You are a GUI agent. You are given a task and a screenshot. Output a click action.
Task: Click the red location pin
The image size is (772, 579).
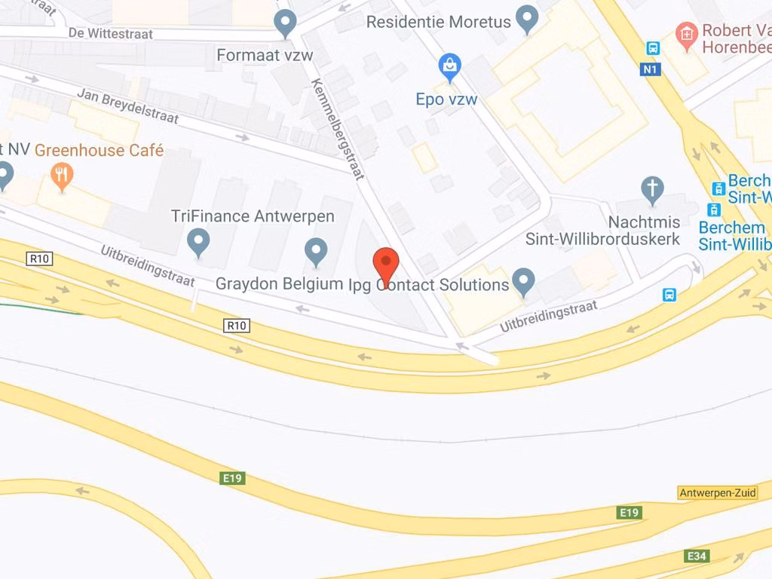click(386, 264)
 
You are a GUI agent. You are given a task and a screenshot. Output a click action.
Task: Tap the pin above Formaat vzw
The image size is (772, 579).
click(284, 23)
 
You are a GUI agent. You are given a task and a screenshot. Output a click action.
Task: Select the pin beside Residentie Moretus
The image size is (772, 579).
click(526, 18)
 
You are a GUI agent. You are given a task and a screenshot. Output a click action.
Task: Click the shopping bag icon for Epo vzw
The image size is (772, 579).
click(450, 68)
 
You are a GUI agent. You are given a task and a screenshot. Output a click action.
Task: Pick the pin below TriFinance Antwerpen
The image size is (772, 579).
click(198, 243)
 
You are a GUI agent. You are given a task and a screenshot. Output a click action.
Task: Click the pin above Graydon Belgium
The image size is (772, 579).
click(315, 251)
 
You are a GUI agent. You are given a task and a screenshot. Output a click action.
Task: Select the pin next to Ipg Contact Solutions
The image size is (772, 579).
click(522, 282)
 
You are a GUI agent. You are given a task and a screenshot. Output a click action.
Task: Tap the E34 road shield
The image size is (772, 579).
click(697, 556)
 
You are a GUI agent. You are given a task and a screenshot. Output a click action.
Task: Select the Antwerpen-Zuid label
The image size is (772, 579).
click(717, 493)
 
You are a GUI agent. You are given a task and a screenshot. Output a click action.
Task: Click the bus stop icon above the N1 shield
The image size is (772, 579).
click(653, 48)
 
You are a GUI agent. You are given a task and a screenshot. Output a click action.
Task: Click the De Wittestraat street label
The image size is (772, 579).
click(110, 34)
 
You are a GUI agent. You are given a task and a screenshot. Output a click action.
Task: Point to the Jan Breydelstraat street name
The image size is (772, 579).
click(127, 106)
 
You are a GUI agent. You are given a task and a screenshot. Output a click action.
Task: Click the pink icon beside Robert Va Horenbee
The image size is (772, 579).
click(686, 32)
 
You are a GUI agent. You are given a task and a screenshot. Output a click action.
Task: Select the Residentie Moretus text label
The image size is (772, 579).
click(438, 22)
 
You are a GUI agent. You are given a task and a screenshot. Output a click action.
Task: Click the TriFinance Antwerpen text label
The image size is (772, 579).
click(253, 216)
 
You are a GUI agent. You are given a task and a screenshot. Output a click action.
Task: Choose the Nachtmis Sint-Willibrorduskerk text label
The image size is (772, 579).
click(603, 231)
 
